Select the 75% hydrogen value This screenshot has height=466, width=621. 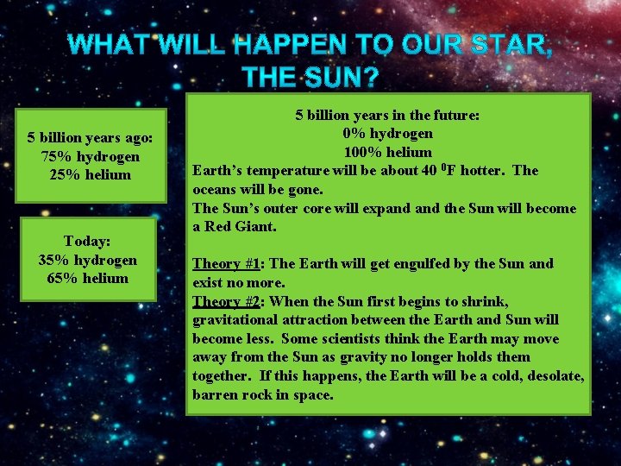(90, 156)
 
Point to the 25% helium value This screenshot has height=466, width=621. (90, 174)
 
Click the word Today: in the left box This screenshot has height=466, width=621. (87, 242)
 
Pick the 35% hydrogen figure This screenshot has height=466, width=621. (87, 260)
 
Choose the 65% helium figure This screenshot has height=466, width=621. (87, 278)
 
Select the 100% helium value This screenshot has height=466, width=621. (387, 152)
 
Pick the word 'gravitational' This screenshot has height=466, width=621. (234, 319)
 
